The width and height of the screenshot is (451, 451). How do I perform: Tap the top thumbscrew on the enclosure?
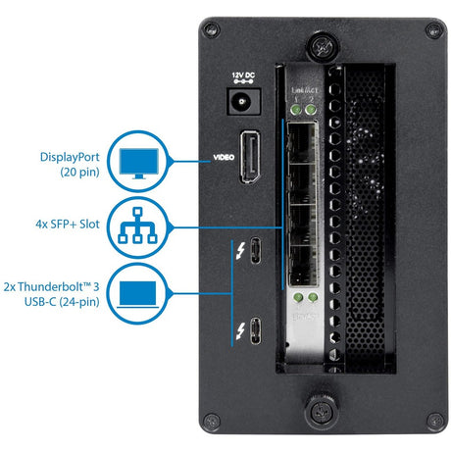click(x=321, y=45)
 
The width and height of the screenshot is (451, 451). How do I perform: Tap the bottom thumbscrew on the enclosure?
click(x=321, y=410)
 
